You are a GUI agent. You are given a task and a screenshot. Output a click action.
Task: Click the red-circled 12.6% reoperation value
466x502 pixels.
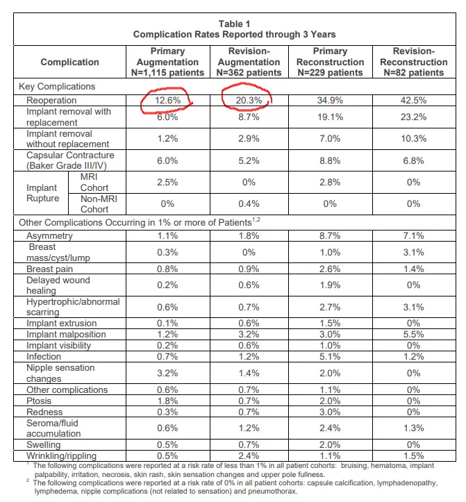[x=168, y=100]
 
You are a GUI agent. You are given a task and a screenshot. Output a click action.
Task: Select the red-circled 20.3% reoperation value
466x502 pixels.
[x=249, y=100]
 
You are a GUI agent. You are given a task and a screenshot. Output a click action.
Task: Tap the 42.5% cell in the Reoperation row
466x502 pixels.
[x=413, y=100]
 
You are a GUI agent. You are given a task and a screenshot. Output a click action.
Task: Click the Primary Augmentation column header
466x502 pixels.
[x=167, y=62]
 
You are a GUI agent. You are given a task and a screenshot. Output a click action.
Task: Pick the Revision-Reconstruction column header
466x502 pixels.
[x=413, y=62]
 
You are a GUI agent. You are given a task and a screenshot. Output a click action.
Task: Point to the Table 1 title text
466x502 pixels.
[x=235, y=24]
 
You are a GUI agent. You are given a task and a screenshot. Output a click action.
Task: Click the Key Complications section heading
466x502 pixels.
[x=57, y=86]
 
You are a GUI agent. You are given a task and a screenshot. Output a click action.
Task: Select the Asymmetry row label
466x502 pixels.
[x=49, y=235]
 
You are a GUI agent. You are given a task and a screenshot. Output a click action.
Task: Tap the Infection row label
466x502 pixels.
[x=44, y=356]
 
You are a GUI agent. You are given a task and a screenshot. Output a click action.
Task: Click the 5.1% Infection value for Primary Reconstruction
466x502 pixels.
[x=330, y=356]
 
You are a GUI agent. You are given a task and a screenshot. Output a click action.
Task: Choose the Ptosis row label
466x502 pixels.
[x=39, y=401]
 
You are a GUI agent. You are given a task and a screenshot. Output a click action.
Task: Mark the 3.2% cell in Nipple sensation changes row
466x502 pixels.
[x=167, y=373]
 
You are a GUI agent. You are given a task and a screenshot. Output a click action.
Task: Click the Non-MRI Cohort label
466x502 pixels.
[x=99, y=204]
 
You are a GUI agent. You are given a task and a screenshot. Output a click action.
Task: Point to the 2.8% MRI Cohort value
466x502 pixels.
[x=330, y=182]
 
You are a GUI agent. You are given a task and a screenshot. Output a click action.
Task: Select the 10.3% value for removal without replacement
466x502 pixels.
[x=413, y=138]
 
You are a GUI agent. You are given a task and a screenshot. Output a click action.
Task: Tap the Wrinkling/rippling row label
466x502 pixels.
[x=61, y=455]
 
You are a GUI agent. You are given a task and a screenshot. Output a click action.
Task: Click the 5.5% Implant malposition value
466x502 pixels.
[x=413, y=334]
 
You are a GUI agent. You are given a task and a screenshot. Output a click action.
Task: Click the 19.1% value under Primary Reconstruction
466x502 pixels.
[x=330, y=117]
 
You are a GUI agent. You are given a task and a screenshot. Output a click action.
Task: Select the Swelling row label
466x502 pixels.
[x=43, y=444]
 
